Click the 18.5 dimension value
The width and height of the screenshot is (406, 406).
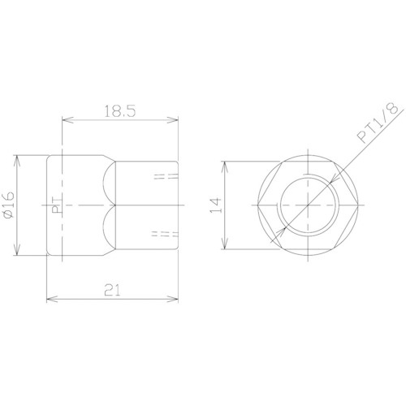120,111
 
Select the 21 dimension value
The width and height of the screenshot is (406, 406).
112,290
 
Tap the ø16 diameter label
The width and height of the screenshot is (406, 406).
9,205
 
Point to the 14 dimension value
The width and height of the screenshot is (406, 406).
216,205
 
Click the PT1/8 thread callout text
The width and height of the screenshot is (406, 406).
378,123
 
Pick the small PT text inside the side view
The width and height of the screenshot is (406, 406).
57,205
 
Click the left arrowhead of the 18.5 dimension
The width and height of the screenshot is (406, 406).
67,120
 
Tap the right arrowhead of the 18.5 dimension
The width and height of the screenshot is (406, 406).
173,120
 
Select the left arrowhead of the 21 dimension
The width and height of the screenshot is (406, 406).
52,299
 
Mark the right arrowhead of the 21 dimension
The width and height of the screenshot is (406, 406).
173,299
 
